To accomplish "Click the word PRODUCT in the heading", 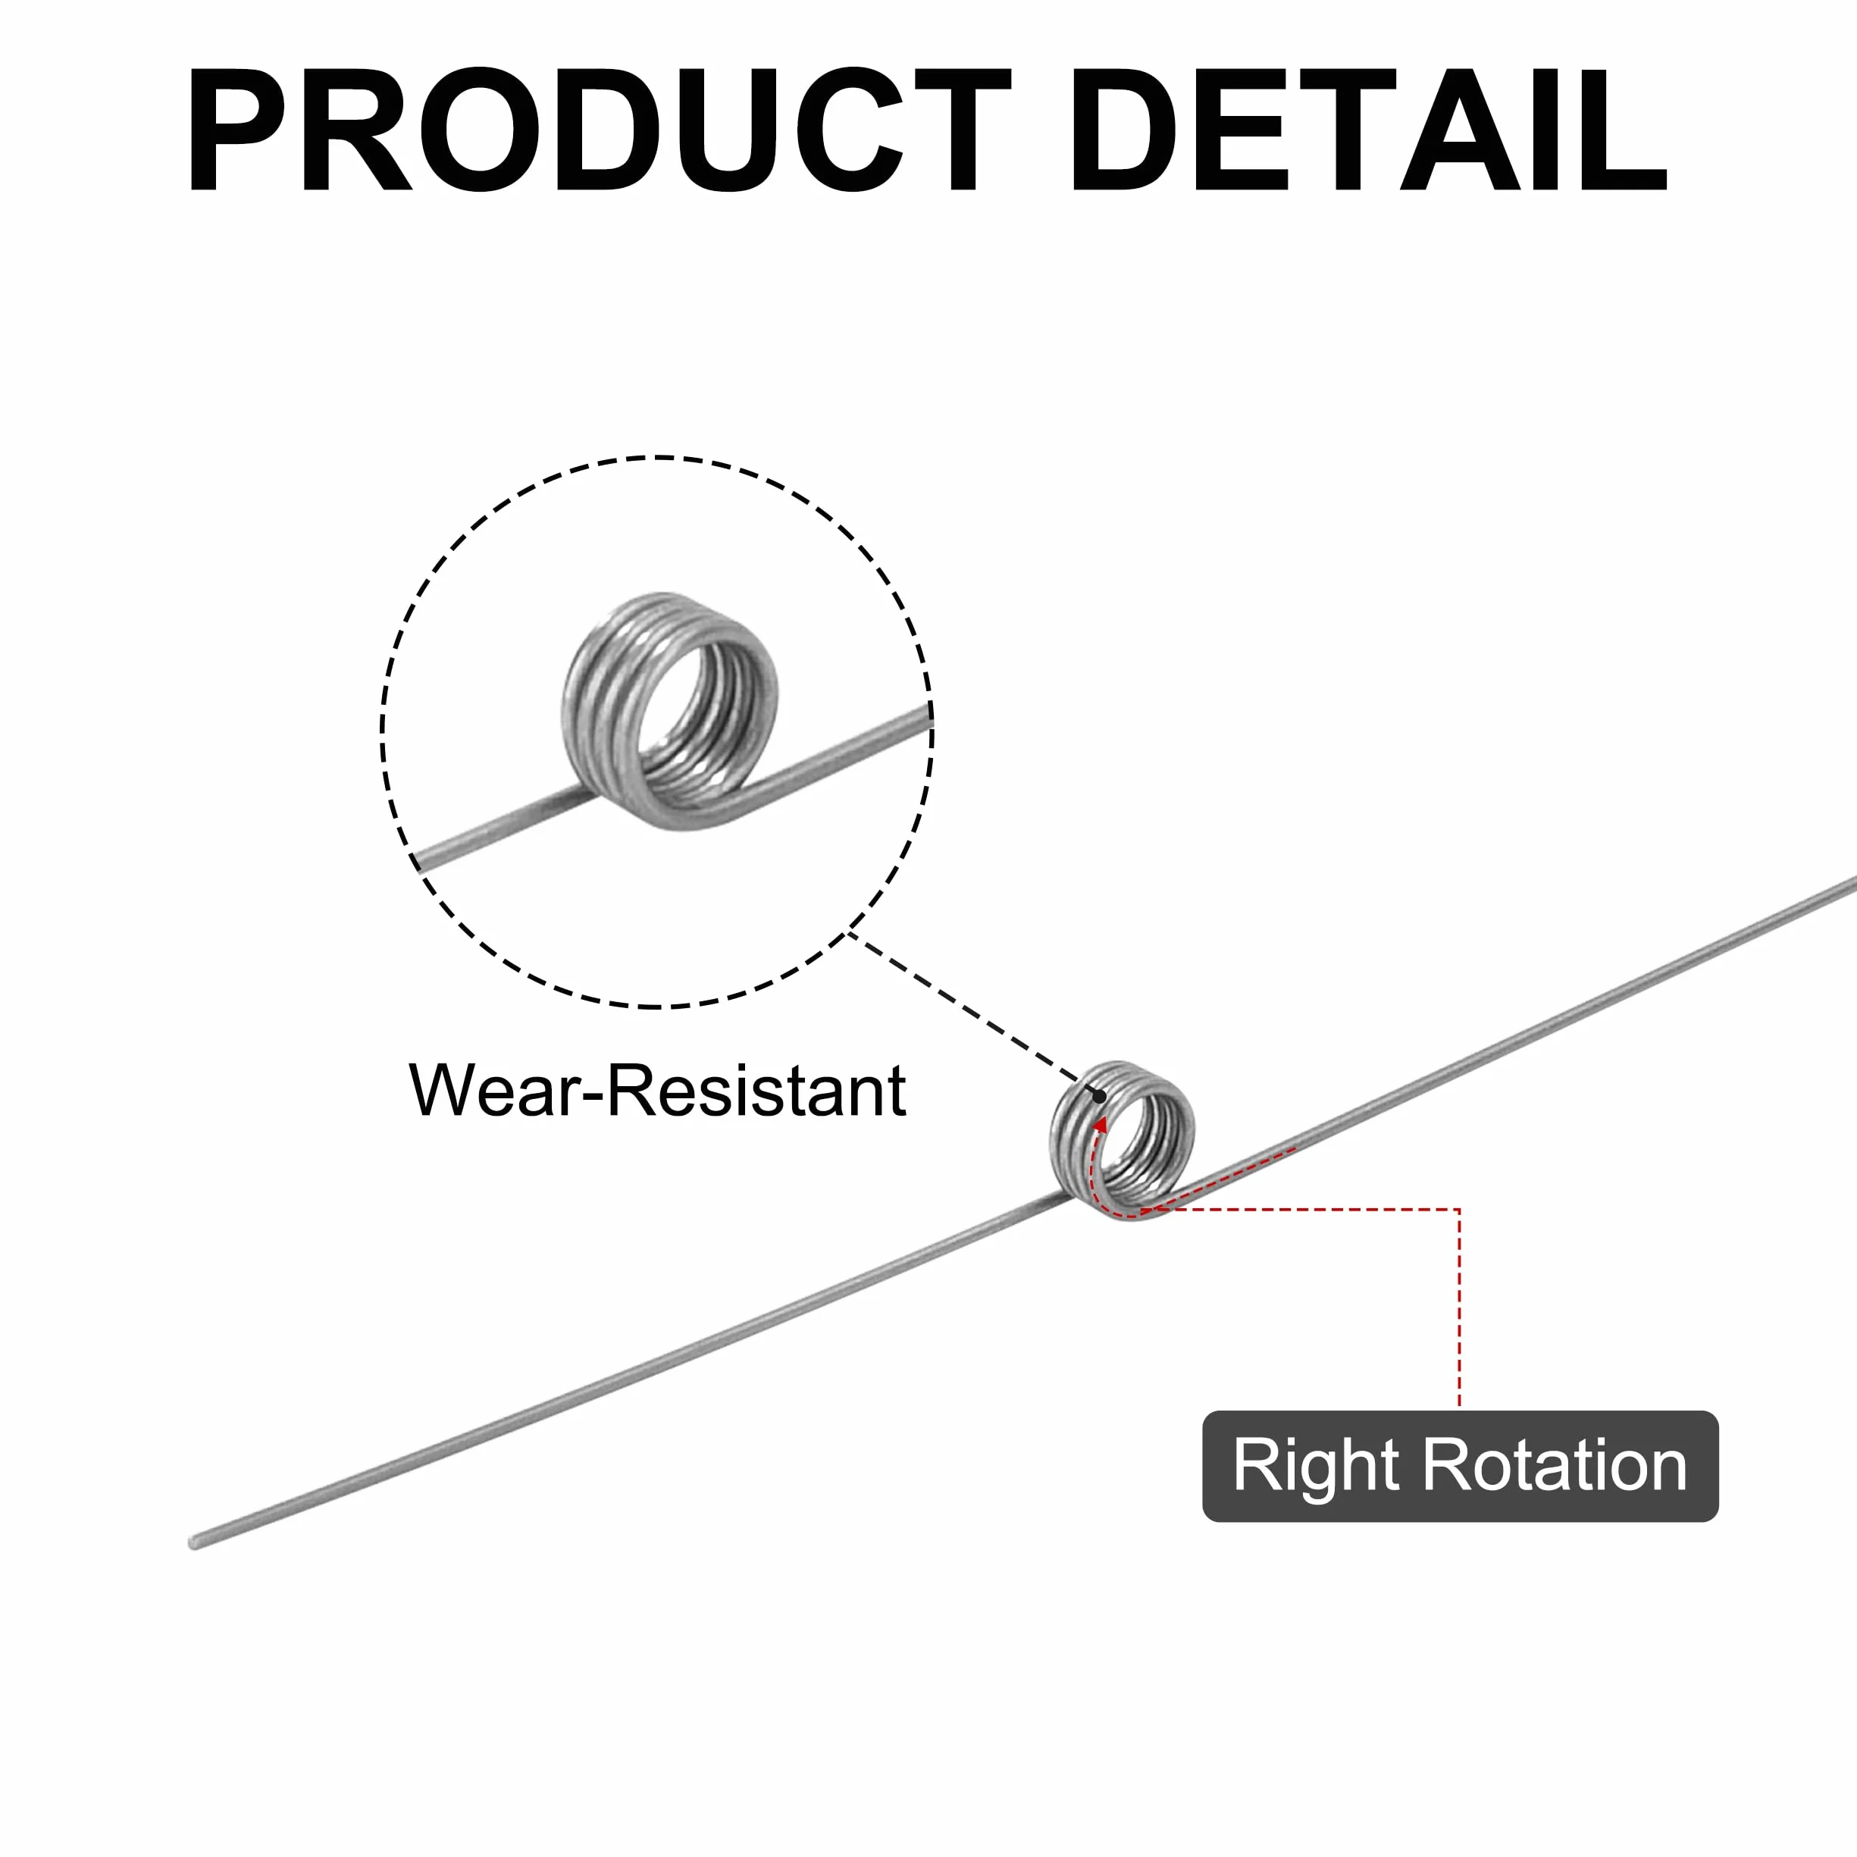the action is pyautogui.click(x=598, y=130).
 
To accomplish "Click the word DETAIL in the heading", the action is pyautogui.click(x=1370, y=130).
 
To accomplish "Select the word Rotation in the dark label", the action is pyautogui.click(x=1555, y=1466).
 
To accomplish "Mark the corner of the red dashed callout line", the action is pyautogui.click(x=1459, y=1209).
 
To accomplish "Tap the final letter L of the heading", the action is pyautogui.click(x=1625, y=130).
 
